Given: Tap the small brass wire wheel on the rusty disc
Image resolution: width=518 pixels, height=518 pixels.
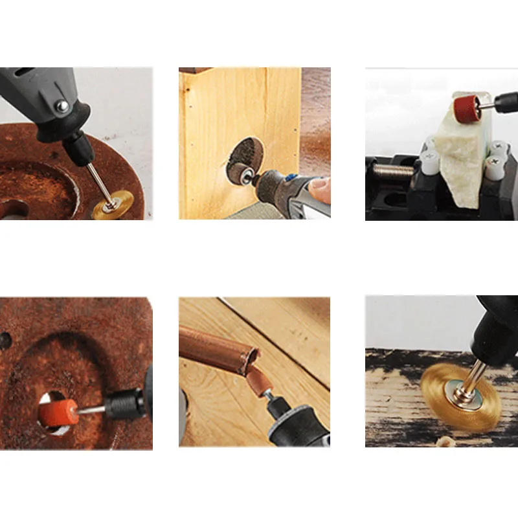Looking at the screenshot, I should pyautogui.click(x=112, y=206).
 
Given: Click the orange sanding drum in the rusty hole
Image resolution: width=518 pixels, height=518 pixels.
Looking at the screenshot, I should pyautogui.click(x=58, y=411).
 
